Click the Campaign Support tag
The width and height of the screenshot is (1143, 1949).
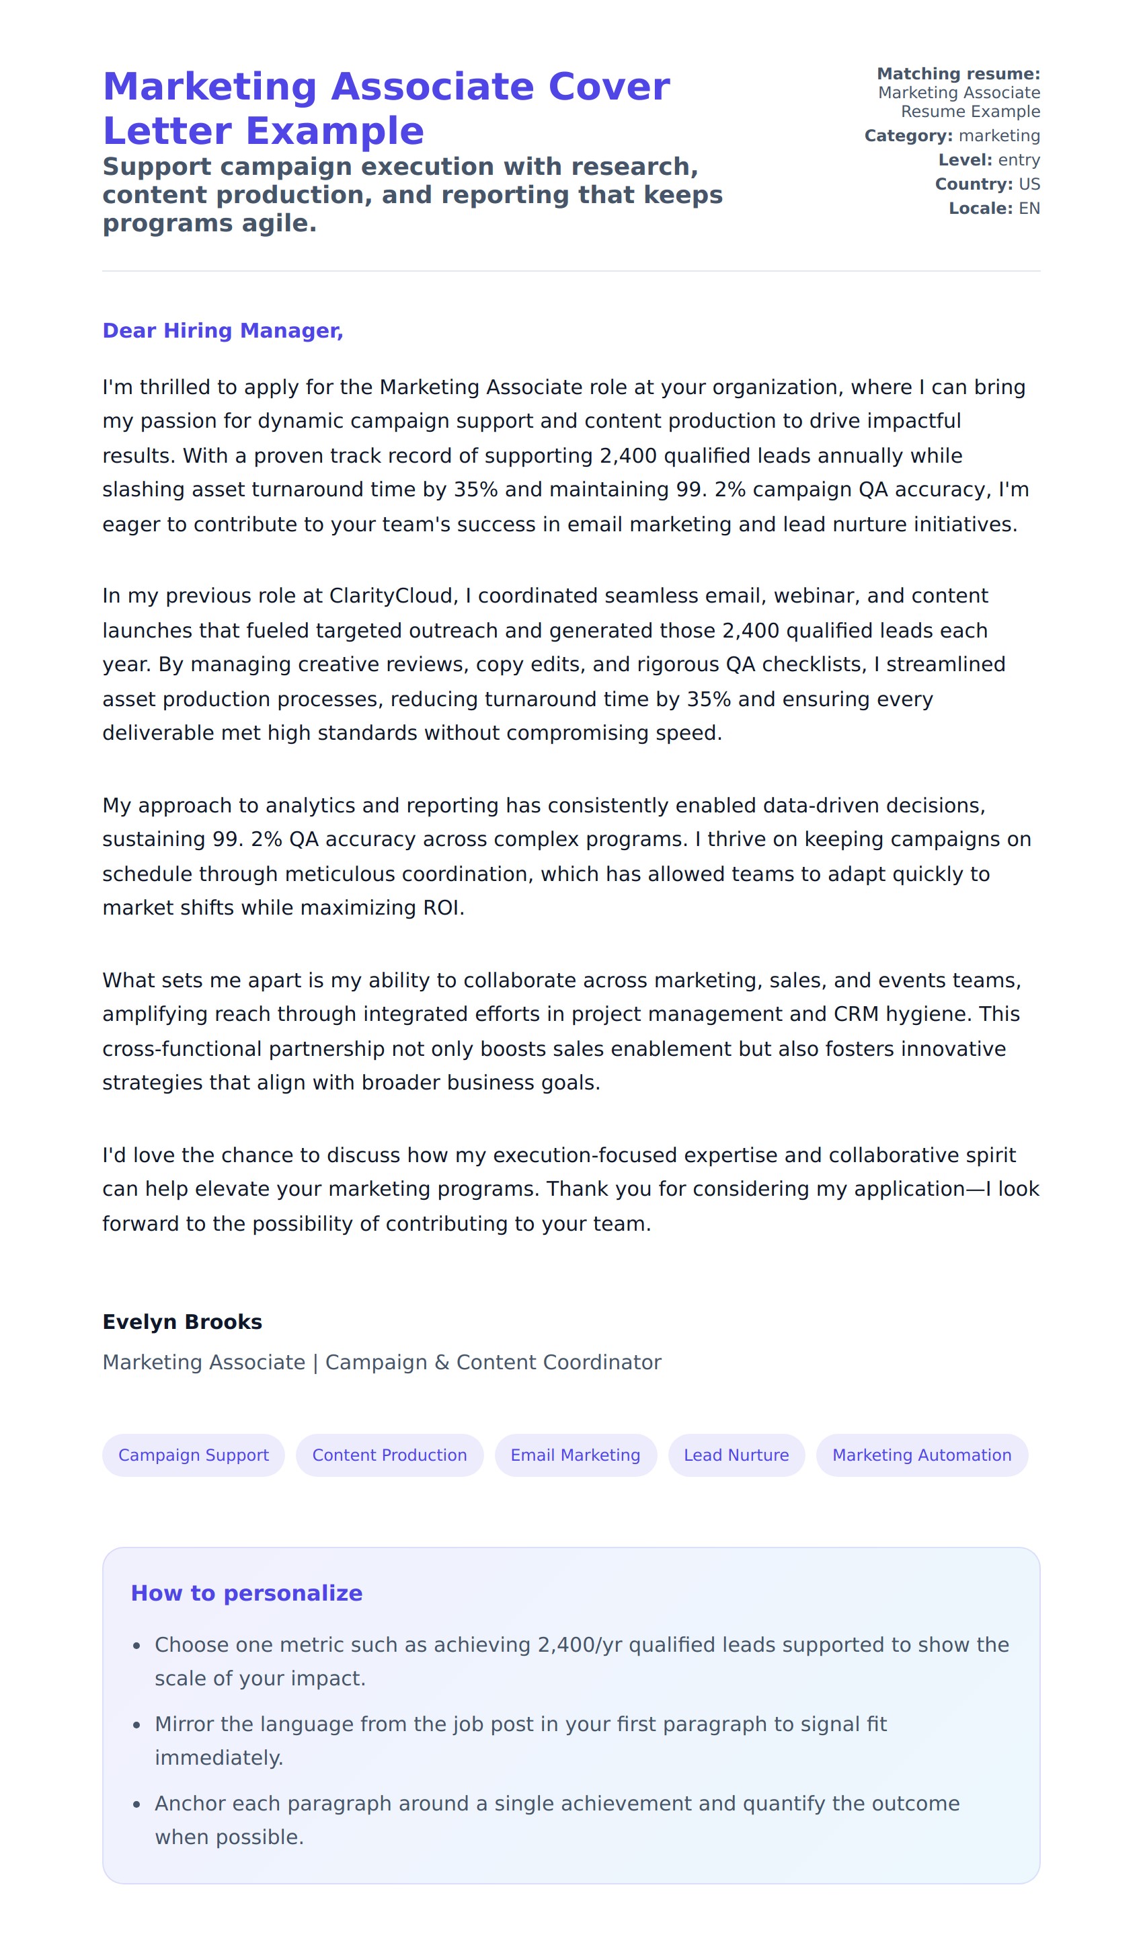point(194,1455)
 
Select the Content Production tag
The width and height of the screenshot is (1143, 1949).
point(389,1455)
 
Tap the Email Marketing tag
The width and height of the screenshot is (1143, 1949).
point(576,1455)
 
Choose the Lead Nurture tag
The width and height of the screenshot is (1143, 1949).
point(736,1455)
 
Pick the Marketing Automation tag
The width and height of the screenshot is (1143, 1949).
point(921,1455)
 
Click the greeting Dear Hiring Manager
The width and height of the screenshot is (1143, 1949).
point(223,330)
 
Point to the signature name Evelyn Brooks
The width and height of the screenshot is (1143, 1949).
point(182,1322)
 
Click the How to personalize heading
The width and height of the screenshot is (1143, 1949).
point(246,1593)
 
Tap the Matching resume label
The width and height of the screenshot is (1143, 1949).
point(958,73)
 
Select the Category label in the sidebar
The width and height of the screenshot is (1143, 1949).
point(908,135)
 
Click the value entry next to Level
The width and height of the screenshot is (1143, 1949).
point(1019,159)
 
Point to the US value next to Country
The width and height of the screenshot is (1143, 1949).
point(1029,184)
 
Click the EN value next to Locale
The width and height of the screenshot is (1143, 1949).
point(1029,208)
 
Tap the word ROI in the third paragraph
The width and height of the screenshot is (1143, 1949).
point(441,907)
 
